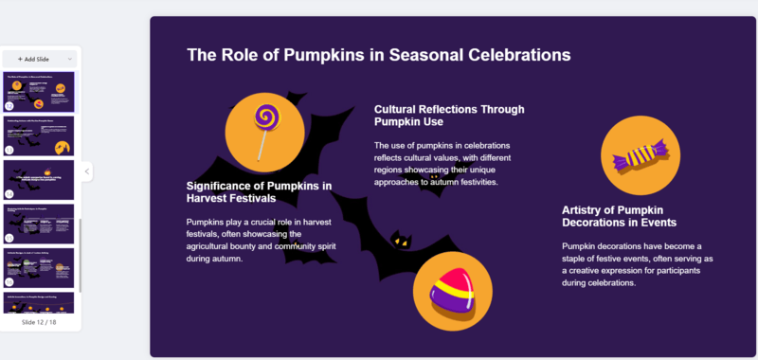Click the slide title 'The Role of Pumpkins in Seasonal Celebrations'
pos(378,55)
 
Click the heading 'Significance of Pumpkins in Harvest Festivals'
pos(259,192)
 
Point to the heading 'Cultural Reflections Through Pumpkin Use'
pos(448,116)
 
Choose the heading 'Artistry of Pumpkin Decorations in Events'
pos(619,216)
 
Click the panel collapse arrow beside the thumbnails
pos(87,171)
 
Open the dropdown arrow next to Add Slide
pos(69,59)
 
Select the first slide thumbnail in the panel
pos(40,92)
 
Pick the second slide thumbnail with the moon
pos(40,136)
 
